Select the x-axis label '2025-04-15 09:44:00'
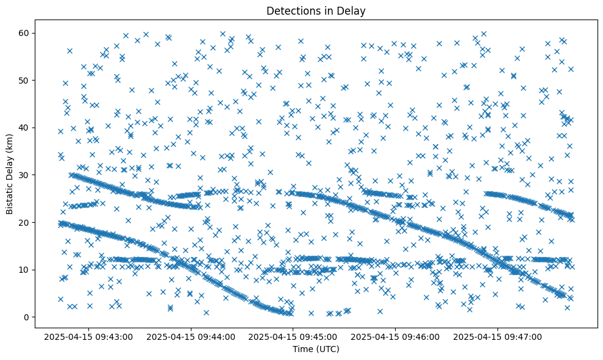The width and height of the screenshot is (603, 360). pos(190,336)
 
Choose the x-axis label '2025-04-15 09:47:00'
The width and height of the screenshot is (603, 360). pos(498,336)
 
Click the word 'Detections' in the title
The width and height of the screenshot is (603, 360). pos(290,10)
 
